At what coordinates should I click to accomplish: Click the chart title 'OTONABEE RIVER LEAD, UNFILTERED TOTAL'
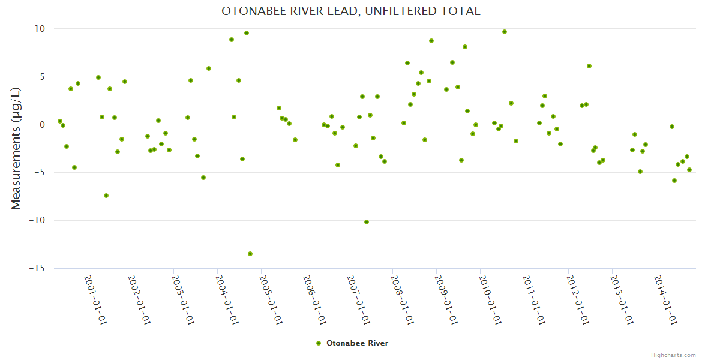351,11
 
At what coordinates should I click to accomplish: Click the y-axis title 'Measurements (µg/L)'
16,148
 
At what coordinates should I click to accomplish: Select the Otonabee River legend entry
353,343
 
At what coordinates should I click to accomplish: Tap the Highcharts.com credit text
673,355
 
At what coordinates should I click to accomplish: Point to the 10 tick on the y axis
40,29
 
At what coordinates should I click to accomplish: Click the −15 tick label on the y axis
37,268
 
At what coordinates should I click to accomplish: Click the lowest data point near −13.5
250,254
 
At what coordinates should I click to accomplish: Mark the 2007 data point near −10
367,222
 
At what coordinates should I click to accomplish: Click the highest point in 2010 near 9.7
505,32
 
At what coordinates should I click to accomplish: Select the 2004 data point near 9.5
247,33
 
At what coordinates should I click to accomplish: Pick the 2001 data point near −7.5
106,196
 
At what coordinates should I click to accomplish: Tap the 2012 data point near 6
589,66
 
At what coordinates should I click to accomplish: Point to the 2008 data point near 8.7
431,41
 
